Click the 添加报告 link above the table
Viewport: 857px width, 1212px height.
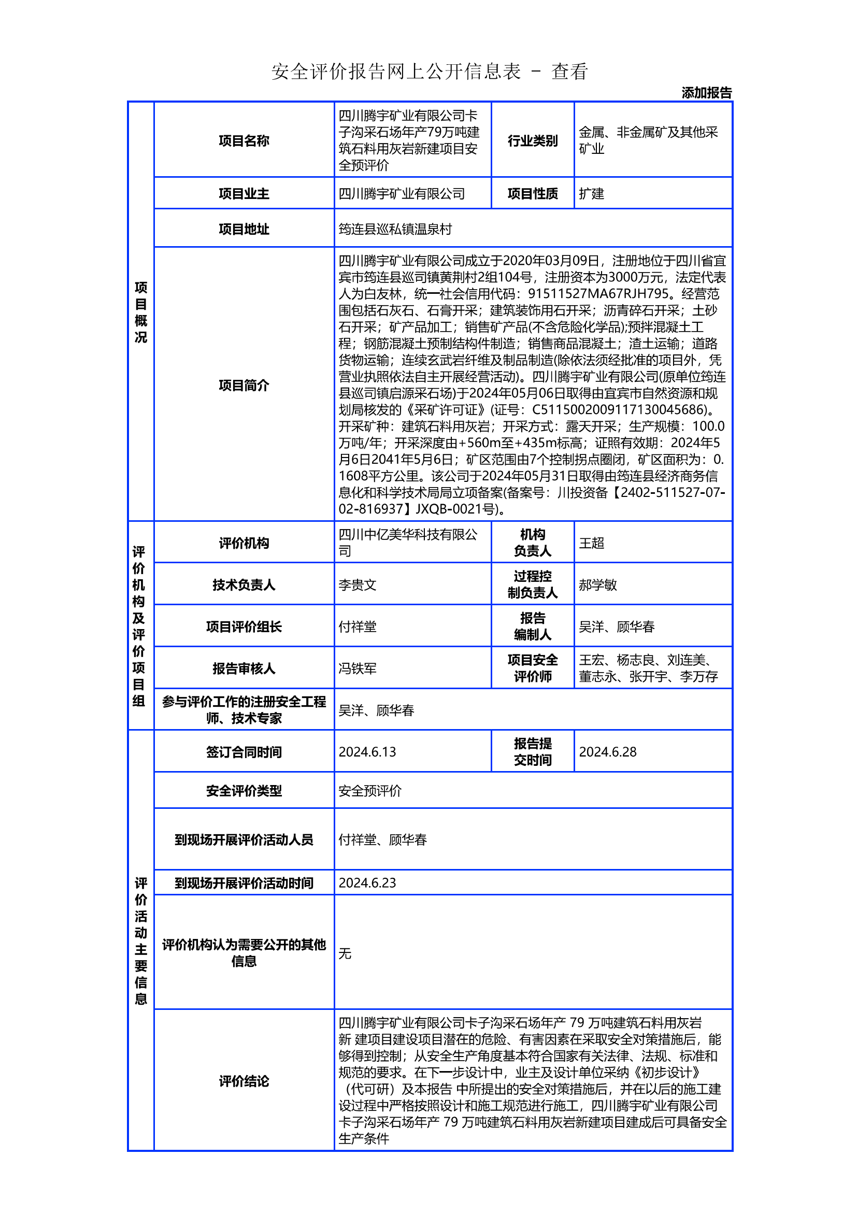coord(706,93)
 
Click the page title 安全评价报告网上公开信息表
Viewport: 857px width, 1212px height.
coord(396,72)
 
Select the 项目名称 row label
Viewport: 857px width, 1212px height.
coord(244,140)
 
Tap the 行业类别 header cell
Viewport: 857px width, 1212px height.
coord(533,140)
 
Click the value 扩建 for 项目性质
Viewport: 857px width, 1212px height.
coord(591,194)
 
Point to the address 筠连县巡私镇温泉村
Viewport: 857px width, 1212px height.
coord(395,229)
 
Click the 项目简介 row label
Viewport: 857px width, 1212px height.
coord(244,386)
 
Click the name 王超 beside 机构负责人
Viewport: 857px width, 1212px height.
coord(591,543)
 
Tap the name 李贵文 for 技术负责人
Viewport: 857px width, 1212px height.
coord(358,585)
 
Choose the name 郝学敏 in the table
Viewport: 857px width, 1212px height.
coord(597,585)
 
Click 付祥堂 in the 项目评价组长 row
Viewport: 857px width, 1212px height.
coord(358,626)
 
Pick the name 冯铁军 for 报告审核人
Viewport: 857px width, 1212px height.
coord(358,669)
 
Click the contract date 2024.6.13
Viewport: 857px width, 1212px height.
coord(367,752)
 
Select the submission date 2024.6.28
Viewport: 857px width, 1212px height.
coord(607,752)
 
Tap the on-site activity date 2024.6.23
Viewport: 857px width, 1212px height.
coord(367,883)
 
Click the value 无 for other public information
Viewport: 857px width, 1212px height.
coord(345,953)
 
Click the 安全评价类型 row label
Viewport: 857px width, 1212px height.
coord(244,791)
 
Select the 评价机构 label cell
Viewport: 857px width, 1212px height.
coord(244,543)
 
